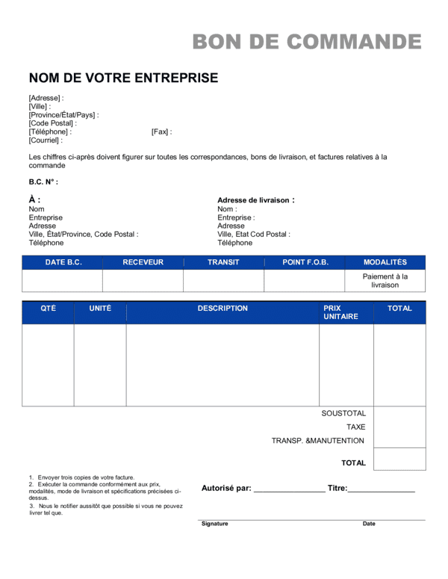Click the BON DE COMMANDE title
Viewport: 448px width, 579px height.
click(x=307, y=42)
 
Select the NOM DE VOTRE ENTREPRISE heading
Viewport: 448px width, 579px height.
click(x=123, y=78)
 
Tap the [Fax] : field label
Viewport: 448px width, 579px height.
click(x=161, y=131)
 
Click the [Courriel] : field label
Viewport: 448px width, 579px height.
click(x=46, y=140)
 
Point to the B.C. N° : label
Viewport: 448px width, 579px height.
click(x=43, y=182)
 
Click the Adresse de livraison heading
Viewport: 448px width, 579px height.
click(x=255, y=200)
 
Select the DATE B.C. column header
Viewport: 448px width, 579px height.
click(x=63, y=262)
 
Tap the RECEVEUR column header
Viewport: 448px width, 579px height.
click(x=143, y=262)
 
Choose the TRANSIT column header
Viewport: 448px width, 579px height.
click(x=223, y=262)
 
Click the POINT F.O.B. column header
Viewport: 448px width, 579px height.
click(x=305, y=262)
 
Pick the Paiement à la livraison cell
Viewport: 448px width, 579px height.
click(x=385, y=280)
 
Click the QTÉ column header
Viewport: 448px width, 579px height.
click(x=48, y=308)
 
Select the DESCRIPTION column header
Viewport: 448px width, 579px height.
click(x=223, y=308)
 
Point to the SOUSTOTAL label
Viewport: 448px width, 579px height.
click(x=343, y=413)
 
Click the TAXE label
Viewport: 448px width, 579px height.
click(x=355, y=427)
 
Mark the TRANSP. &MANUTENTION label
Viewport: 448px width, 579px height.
click(x=318, y=441)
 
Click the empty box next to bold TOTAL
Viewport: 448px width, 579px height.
click(x=399, y=459)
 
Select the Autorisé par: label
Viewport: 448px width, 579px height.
click(x=226, y=488)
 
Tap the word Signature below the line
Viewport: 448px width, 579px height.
click(x=215, y=524)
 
